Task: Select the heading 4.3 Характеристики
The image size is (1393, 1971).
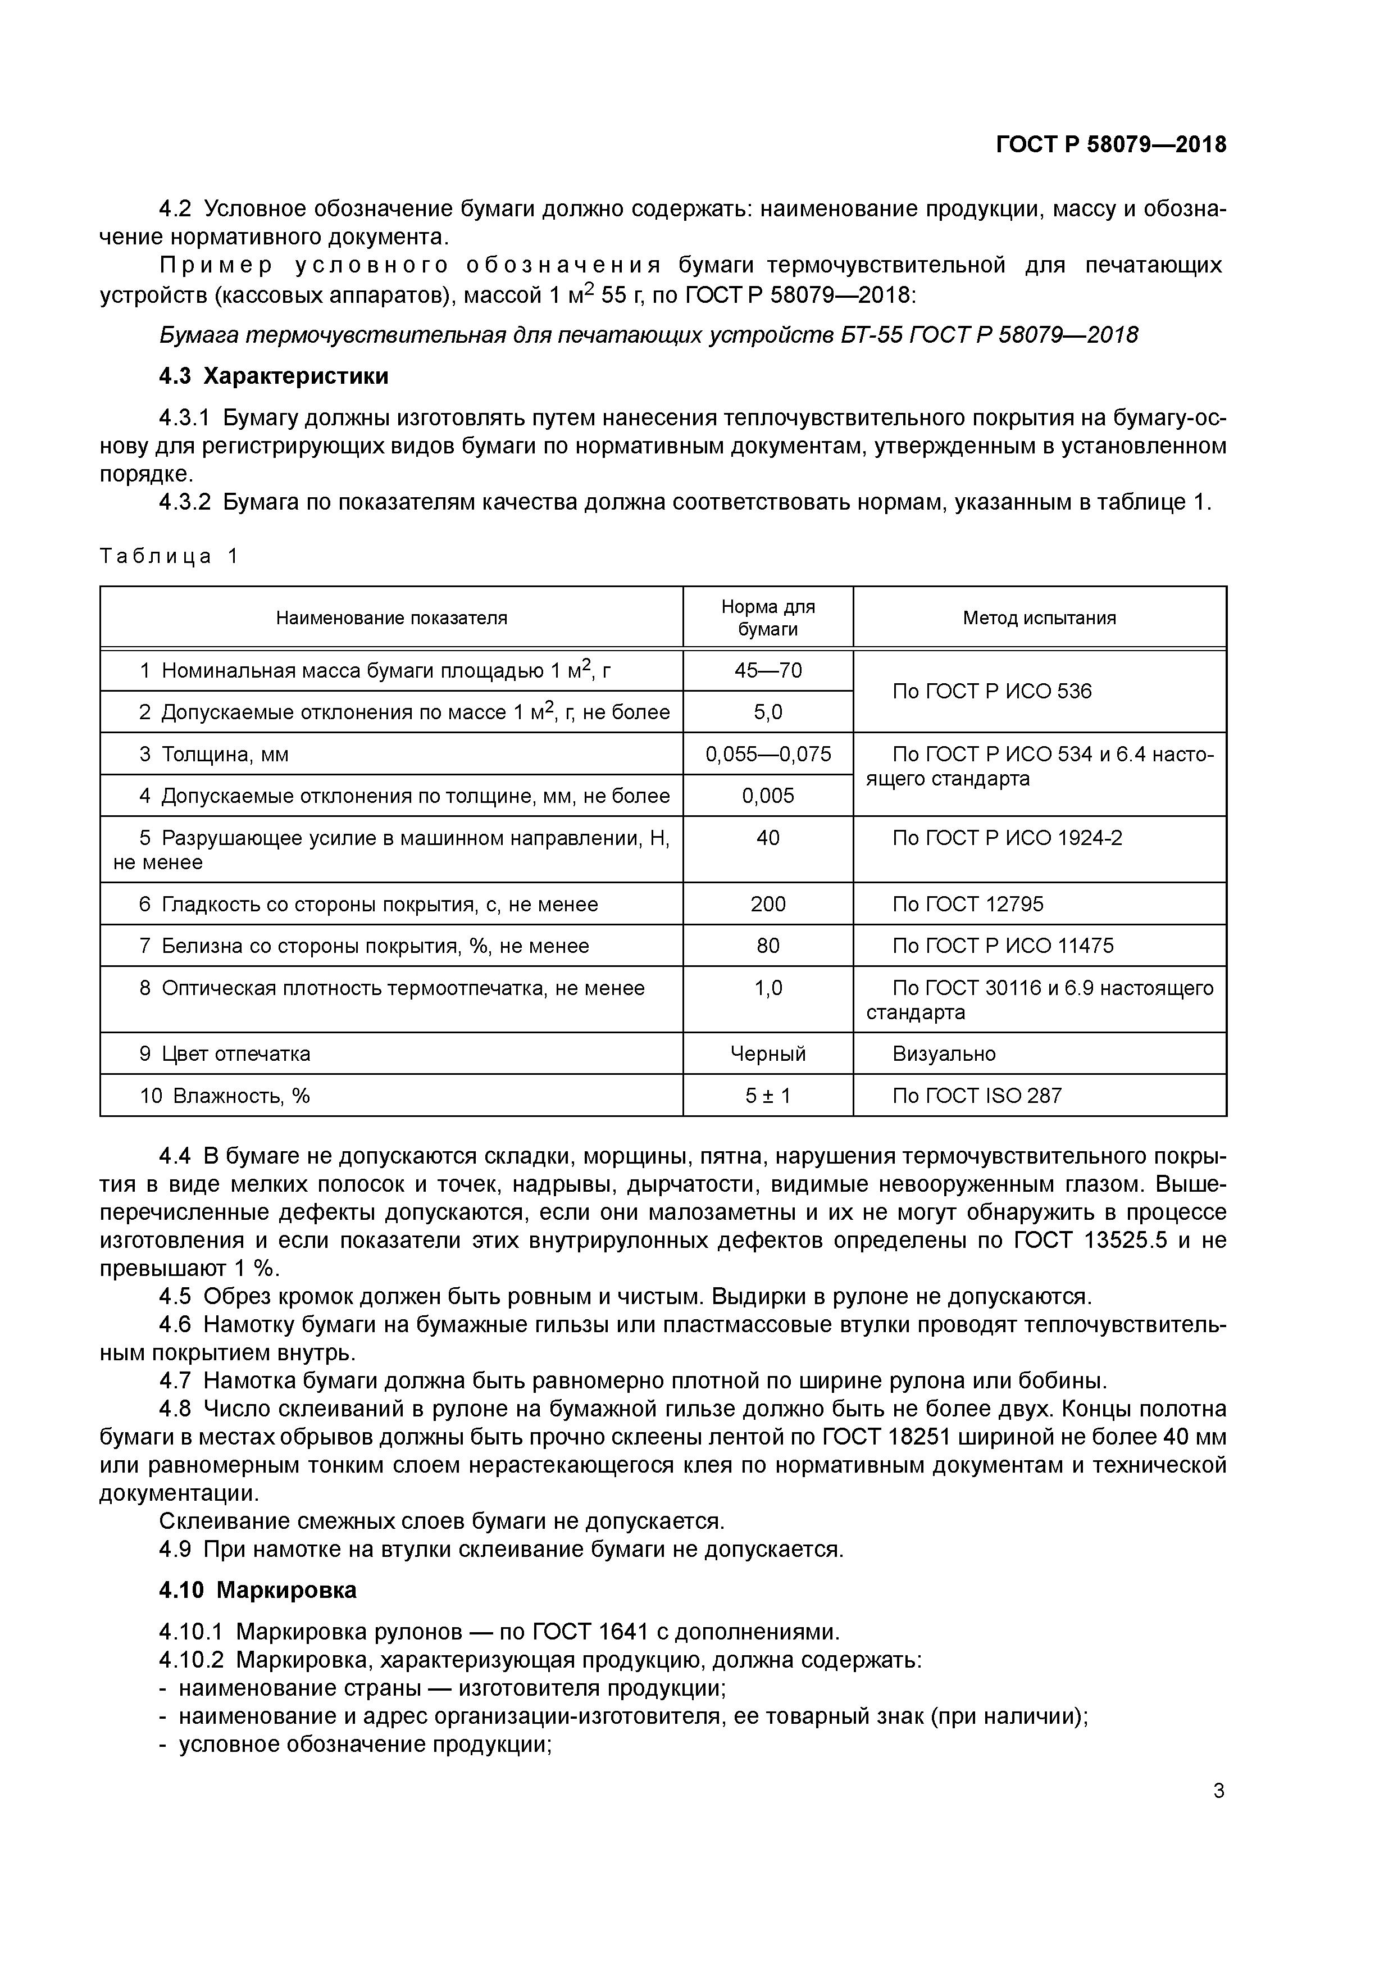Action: [274, 376]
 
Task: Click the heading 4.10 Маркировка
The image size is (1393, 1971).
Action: [257, 1590]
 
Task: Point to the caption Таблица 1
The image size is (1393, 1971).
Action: [168, 556]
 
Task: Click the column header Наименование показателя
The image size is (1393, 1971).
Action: [392, 618]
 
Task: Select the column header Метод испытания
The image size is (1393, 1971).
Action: [1039, 618]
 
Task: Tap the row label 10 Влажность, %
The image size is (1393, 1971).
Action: [225, 1096]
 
